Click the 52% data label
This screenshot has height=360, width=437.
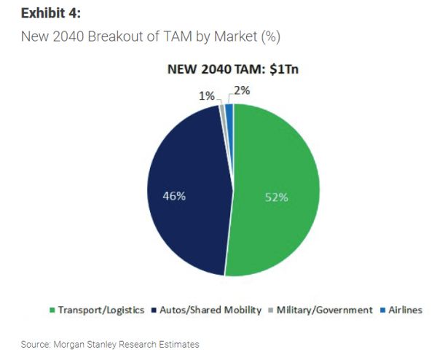(276, 196)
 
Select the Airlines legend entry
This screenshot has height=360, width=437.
(403, 310)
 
